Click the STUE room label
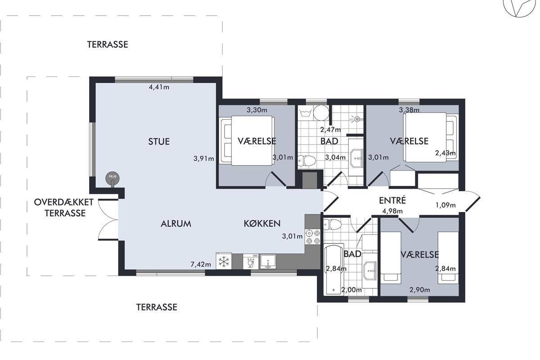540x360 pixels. [x=159, y=142]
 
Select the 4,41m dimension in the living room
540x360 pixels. [x=159, y=87]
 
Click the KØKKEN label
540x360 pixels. [x=262, y=224]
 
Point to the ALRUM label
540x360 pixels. [x=176, y=224]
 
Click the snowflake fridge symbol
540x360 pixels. [x=224, y=261]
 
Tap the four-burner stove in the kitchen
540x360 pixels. [x=313, y=237]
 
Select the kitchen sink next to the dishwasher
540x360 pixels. [x=268, y=261]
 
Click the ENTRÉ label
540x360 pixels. [x=392, y=201]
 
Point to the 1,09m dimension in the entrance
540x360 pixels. [x=445, y=205]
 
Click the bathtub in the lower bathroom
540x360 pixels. [x=334, y=270]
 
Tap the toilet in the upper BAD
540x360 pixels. [x=306, y=161]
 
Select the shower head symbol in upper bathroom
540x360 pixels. [x=356, y=119]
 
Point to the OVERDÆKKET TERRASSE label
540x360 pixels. [x=63, y=207]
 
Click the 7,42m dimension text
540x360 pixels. [x=201, y=265]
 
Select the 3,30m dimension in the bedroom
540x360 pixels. [x=257, y=110]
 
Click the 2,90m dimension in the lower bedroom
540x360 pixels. [x=420, y=290]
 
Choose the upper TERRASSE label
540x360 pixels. [x=108, y=45]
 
